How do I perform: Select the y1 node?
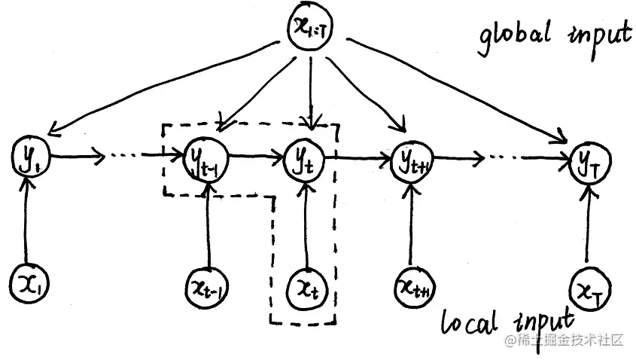(25, 157)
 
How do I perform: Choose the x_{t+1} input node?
(412, 285)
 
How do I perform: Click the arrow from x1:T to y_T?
(452, 90)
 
